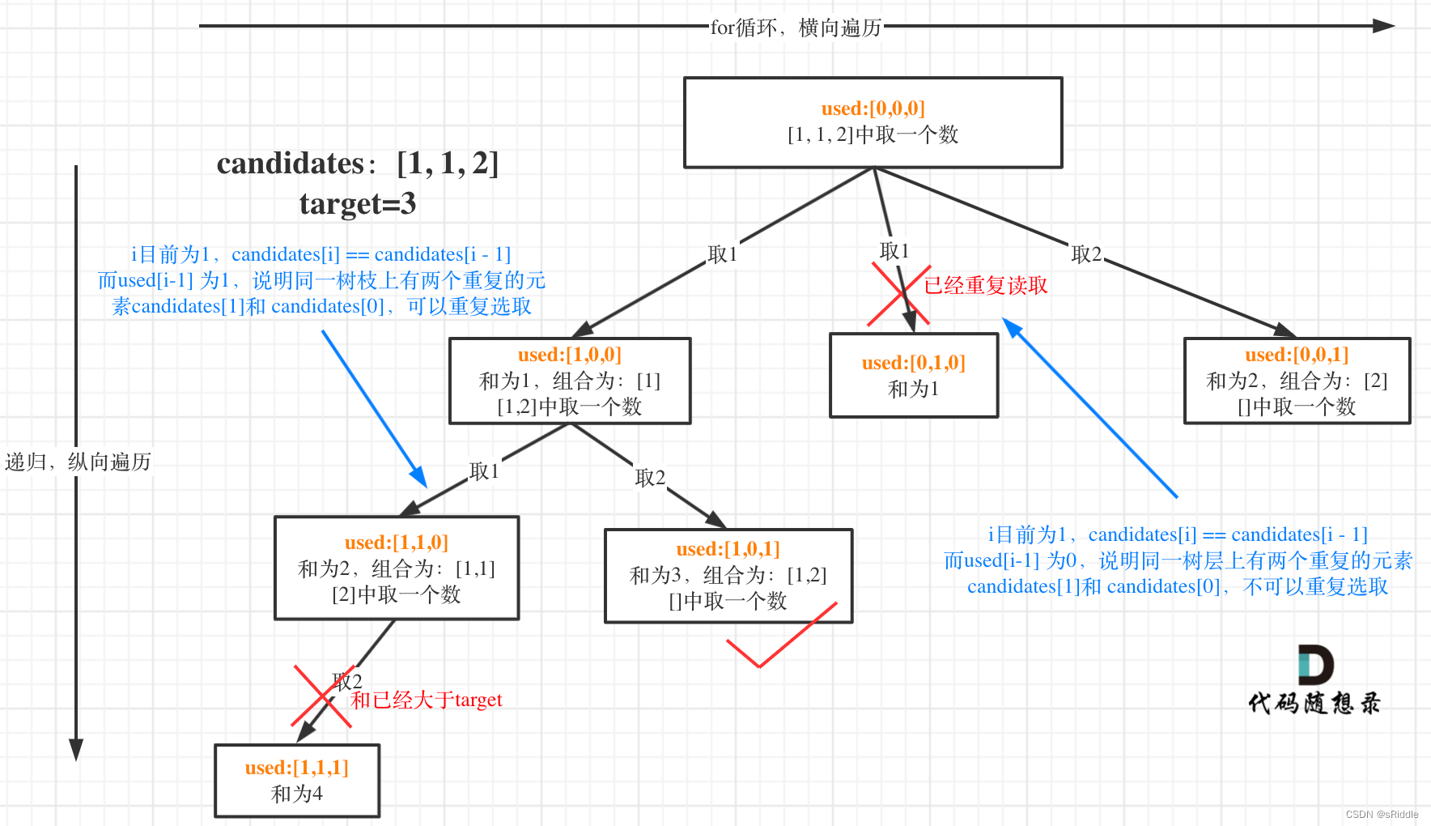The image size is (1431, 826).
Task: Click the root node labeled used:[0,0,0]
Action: (x=873, y=122)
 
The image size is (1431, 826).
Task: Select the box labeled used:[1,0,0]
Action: (x=570, y=381)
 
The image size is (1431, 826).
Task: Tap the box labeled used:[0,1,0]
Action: (x=914, y=376)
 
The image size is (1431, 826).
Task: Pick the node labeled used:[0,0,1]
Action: (x=1297, y=381)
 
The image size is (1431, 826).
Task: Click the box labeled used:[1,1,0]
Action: (x=397, y=568)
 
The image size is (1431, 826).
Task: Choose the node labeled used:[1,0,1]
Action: (x=728, y=576)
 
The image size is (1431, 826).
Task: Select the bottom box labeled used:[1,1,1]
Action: (x=297, y=781)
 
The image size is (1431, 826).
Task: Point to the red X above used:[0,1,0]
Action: (x=899, y=295)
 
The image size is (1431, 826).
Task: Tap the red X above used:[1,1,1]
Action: (x=321, y=696)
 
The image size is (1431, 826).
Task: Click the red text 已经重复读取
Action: (x=986, y=286)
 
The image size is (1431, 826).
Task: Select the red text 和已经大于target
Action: (x=427, y=700)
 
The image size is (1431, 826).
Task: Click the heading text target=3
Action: (x=358, y=203)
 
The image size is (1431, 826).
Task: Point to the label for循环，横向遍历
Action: (x=796, y=28)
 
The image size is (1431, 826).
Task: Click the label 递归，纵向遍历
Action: (x=78, y=462)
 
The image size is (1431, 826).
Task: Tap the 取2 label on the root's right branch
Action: (x=1086, y=254)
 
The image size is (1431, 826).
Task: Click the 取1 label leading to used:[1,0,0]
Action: (x=722, y=254)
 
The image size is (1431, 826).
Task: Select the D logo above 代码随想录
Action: (x=1314, y=666)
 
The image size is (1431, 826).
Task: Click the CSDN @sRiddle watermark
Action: (x=1382, y=815)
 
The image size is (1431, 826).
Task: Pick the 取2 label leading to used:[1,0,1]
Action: (x=650, y=478)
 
